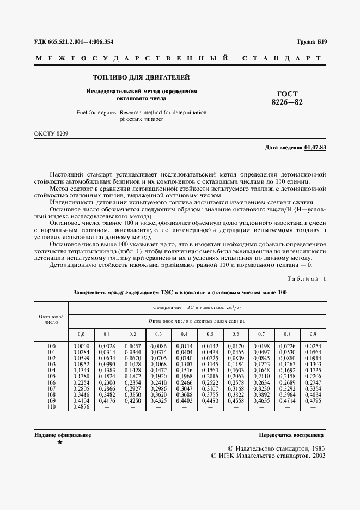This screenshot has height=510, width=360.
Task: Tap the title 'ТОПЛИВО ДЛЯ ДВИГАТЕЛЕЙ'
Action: pyautogui.click(x=142, y=77)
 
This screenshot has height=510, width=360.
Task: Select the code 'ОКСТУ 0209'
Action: pyautogui.click(x=52, y=133)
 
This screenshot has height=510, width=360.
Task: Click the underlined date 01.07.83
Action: pyautogui.click(x=315, y=148)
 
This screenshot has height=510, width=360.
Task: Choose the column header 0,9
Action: pyautogui.click(x=313, y=333)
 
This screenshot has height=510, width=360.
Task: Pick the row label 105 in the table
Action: pyautogui.click(x=51, y=376)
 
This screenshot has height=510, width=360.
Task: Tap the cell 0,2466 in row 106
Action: pyautogui.click(x=184, y=382)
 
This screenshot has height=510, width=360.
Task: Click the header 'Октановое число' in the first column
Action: pyautogui.click(x=51, y=319)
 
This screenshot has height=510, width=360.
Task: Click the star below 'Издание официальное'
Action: pyautogui.click(x=60, y=442)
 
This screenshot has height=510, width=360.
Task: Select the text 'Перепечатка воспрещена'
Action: pyautogui.click(x=291, y=435)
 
